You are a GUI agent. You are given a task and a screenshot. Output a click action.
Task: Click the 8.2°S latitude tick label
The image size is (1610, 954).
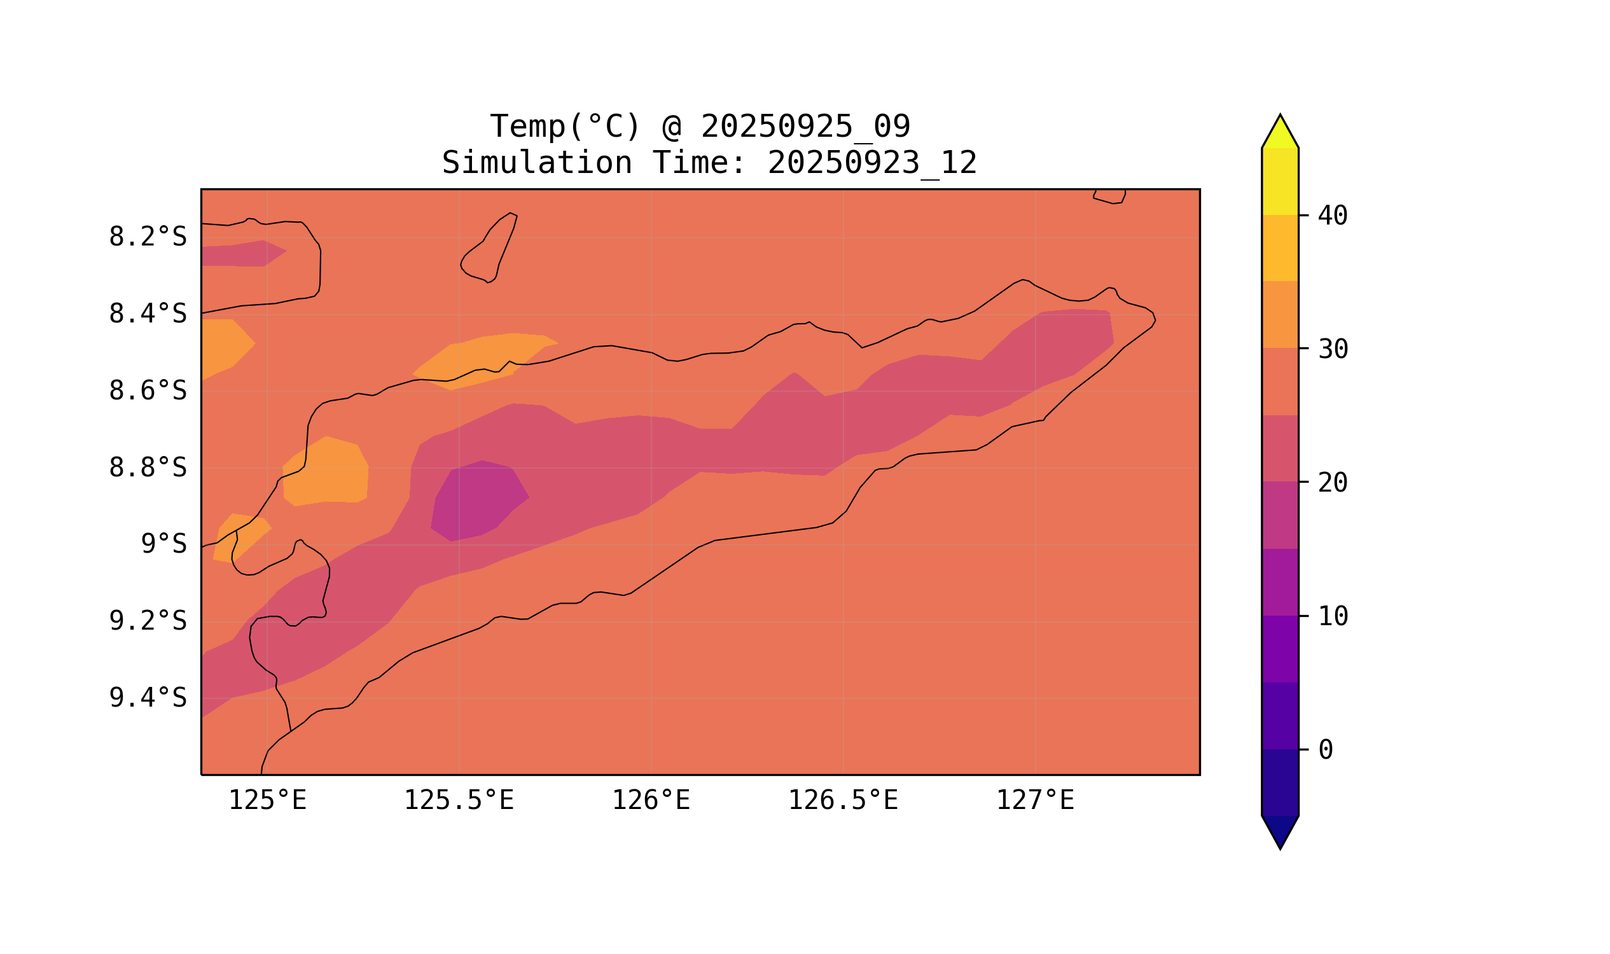pos(147,237)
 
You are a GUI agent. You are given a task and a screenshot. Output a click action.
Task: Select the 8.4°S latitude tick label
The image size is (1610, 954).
pos(147,314)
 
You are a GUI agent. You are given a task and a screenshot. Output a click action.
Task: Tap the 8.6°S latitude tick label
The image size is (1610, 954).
pos(147,391)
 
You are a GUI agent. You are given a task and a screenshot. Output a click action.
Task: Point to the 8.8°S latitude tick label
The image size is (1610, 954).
pos(147,469)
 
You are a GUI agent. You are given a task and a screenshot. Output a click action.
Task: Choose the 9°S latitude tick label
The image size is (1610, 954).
pos(163,544)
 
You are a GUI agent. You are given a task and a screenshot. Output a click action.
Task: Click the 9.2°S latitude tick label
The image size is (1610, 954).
pos(147,621)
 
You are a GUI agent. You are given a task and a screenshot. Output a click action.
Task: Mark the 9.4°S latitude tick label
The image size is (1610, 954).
pos(147,698)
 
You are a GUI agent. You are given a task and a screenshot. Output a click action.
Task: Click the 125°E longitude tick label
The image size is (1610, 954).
pos(267,801)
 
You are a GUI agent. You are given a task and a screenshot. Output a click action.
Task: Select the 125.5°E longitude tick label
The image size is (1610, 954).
pos(459,801)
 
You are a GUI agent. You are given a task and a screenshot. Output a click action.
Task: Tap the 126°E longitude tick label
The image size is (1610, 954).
pos(651,801)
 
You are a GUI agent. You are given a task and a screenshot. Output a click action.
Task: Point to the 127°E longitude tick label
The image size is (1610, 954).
pos(1034,801)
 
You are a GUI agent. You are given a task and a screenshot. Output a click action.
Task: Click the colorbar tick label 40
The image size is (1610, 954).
pos(1332,216)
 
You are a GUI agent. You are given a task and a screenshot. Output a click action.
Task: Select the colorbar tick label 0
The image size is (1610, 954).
pos(1326,750)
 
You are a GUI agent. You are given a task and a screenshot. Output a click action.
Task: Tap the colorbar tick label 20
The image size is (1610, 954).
pos(1332,483)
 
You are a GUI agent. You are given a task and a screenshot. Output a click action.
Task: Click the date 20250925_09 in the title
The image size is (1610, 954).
pos(805,127)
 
